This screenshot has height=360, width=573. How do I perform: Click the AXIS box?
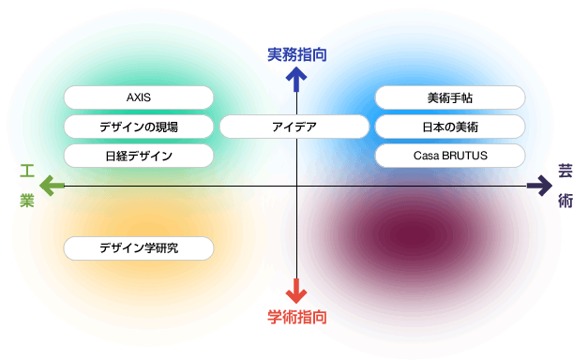coord(139,97)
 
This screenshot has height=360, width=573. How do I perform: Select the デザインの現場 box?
coord(139,127)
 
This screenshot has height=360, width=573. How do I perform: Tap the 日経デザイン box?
coord(139,156)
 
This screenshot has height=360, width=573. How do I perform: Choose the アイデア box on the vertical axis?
coord(294,127)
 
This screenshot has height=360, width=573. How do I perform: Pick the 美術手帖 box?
coord(450,97)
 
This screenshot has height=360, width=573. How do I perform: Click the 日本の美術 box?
coord(450,127)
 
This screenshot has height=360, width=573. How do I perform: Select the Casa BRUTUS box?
coord(450,156)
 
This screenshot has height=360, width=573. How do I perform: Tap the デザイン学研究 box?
coord(139,248)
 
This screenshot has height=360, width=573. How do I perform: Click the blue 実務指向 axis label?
coord(296,55)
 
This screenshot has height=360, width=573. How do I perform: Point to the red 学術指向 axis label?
coord(296,317)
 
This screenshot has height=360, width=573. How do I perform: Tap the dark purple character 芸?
coord(564,171)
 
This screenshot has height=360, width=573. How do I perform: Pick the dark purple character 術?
coord(564,201)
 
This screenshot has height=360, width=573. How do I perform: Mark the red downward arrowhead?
coord(296,294)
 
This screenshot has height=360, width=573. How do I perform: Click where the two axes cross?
coord(296,187)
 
